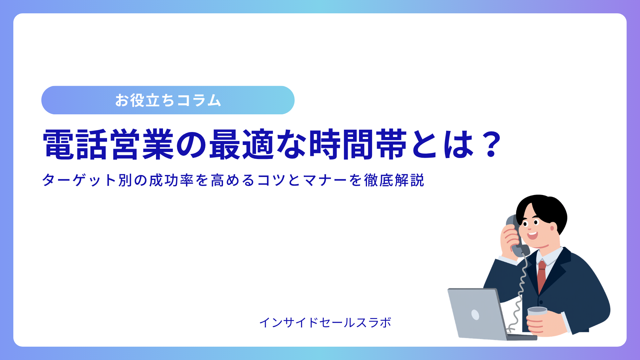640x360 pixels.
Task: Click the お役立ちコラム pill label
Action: coord(168,100)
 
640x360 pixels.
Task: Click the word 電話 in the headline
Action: coord(75,144)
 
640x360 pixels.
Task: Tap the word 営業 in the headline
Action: coord(142,144)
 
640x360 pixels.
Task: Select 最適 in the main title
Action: coord(242,144)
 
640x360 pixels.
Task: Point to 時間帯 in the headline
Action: coord(358,144)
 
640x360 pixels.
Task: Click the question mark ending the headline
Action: coord(491,144)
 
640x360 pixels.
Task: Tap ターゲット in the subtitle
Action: coord(79,180)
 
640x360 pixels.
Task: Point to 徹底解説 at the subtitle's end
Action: coord(394,180)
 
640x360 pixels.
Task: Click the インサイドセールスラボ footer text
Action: coord(325,323)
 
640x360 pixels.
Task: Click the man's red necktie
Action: coord(542,276)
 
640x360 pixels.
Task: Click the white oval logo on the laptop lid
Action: coord(475,314)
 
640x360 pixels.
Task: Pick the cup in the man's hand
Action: coord(537,315)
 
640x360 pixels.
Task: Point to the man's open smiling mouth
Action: coord(532,235)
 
